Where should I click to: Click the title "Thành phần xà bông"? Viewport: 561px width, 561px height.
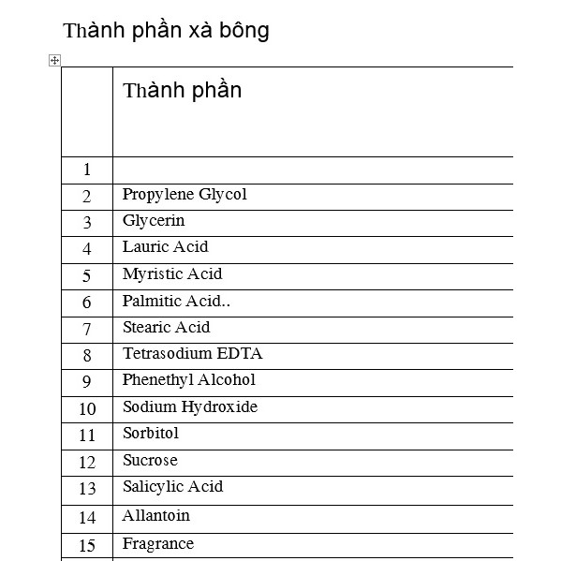166,31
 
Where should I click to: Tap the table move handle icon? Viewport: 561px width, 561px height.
54,61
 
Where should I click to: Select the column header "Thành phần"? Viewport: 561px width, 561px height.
182,91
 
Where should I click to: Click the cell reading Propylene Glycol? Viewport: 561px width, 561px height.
185,195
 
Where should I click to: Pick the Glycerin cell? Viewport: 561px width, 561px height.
154,221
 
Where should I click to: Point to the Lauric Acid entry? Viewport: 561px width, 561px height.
165,247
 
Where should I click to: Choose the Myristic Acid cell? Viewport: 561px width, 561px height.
172,274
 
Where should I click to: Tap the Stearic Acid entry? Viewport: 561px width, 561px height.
166,328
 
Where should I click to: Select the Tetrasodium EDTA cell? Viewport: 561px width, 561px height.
192,354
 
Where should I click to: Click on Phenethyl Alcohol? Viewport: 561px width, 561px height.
188,380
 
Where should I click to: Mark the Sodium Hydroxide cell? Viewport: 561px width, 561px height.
189,407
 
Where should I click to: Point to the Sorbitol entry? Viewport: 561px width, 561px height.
150,434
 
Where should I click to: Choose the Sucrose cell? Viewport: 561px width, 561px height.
150,461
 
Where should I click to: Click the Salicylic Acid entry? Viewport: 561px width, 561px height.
172,487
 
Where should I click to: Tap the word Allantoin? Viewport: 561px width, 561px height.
155,516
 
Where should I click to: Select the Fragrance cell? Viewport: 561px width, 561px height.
157,544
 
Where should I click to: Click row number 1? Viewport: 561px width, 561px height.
87,170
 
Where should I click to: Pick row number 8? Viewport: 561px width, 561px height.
87,356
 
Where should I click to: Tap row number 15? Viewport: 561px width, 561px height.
87,546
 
